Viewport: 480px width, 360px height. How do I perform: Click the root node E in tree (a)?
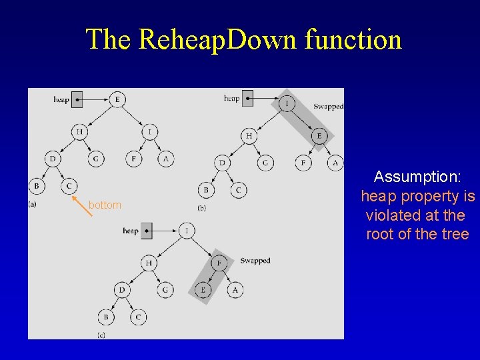(117, 100)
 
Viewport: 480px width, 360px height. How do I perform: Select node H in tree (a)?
(79, 132)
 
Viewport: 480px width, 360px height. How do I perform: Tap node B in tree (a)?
(37, 185)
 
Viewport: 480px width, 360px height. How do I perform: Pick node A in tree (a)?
(165, 159)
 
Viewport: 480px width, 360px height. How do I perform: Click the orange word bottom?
(105, 205)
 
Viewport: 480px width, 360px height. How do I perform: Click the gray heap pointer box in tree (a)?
(77, 99)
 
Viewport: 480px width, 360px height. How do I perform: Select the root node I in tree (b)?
(287, 103)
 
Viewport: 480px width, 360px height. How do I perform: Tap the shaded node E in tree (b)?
(319, 135)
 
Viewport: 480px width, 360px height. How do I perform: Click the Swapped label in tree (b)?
(328, 107)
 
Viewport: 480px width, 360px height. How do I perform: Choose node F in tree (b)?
(304, 163)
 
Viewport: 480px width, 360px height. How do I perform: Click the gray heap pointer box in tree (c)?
(147, 231)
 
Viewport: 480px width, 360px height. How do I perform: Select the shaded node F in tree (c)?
(219, 263)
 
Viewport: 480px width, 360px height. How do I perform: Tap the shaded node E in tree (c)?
(203, 290)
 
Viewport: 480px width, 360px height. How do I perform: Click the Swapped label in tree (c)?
(255, 261)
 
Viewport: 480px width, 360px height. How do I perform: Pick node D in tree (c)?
(122, 290)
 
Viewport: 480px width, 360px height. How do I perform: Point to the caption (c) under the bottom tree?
(101, 334)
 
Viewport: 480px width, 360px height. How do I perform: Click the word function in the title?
(353, 40)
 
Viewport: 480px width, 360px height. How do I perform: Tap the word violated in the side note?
(393, 216)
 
